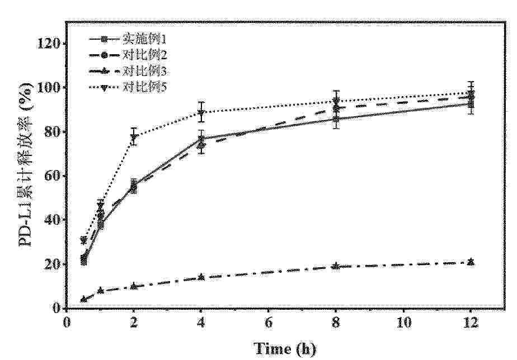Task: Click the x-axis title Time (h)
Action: pyautogui.click(x=285, y=349)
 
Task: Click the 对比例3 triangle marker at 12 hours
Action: pyautogui.click(x=471, y=262)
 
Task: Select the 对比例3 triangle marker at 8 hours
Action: pyautogui.click(x=336, y=266)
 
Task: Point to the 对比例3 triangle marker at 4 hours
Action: pyautogui.click(x=201, y=277)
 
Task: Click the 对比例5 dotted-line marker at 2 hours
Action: pyautogui.click(x=134, y=137)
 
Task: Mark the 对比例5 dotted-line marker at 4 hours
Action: pyautogui.click(x=201, y=112)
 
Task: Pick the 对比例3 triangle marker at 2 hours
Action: pyautogui.click(x=134, y=286)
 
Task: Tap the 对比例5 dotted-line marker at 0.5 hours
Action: pyautogui.click(x=83, y=240)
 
